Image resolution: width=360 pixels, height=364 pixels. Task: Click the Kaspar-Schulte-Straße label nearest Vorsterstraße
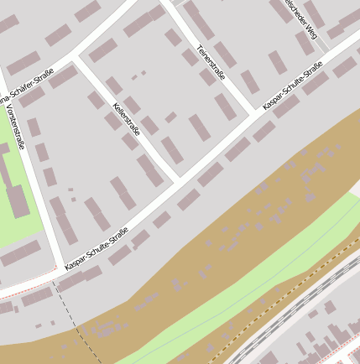coord(96,247)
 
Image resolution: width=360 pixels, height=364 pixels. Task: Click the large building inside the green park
coord(15,193)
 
